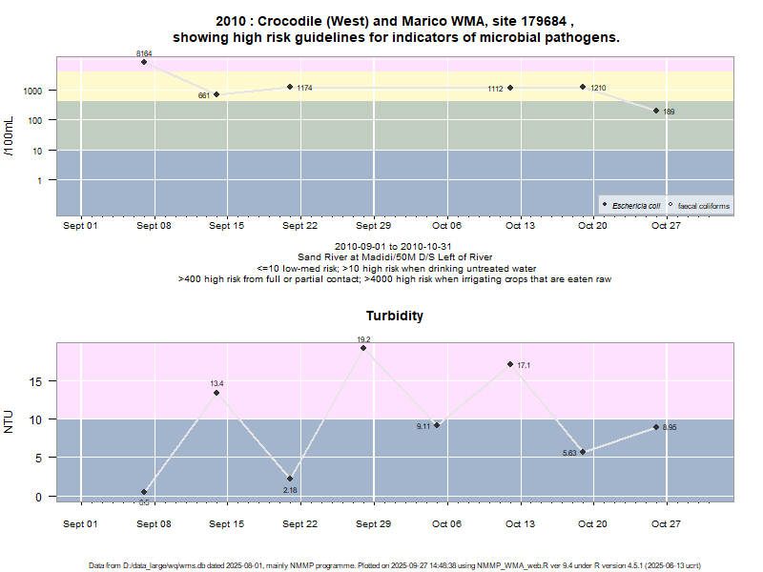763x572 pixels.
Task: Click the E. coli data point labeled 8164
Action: [x=144, y=62]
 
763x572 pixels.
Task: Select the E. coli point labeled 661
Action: [x=217, y=94]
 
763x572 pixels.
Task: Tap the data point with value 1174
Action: [x=290, y=87]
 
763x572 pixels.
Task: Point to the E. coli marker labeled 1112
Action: [x=510, y=88]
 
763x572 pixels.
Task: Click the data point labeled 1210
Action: [x=583, y=87]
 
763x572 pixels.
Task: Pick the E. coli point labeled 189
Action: [x=656, y=111]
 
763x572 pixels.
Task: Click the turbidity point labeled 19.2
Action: [x=363, y=348]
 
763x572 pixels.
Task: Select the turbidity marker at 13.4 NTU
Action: [x=217, y=393]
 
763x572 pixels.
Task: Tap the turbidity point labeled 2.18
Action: [x=290, y=479]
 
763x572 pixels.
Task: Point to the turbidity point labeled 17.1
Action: [x=510, y=364]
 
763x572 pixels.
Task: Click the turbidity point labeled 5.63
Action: [x=583, y=452]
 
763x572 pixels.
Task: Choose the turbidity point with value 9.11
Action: [x=437, y=425]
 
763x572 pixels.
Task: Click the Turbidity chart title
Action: [x=395, y=316]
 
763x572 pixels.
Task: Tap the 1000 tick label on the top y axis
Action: [x=33, y=91]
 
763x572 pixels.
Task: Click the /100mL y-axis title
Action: [x=10, y=133]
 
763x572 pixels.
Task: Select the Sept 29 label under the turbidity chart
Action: [x=373, y=523]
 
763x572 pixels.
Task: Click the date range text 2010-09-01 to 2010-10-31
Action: [x=394, y=247]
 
